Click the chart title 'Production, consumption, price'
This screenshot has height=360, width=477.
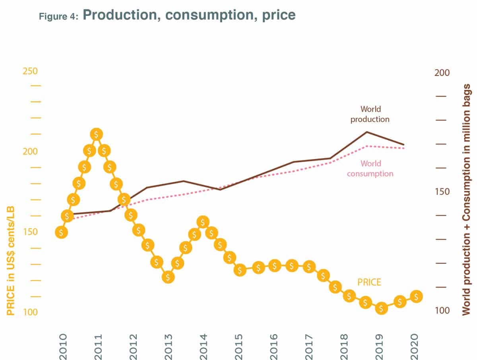coord(189,15)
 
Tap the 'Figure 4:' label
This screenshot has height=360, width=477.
coord(60,17)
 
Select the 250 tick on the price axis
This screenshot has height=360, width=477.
coord(30,71)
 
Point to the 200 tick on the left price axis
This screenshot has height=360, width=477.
coord(30,152)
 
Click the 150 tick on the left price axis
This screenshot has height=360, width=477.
coord(30,232)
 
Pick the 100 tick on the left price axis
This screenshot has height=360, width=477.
coord(30,312)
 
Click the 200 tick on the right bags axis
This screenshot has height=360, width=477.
coord(441,73)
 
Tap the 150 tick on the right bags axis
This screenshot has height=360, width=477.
coord(441,192)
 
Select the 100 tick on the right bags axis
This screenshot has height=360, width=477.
coord(441,311)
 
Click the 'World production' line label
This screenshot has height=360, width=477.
coord(370,114)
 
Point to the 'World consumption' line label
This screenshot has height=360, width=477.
coord(370,169)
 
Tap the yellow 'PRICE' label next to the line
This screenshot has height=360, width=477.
coord(369,282)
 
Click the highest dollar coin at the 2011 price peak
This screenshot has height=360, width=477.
coord(96,134)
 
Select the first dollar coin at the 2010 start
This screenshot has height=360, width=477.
coord(61,232)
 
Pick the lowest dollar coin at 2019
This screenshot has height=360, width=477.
coord(381,308)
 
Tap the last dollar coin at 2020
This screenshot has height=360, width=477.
coord(416,296)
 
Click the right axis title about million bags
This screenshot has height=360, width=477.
coord(467,200)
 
